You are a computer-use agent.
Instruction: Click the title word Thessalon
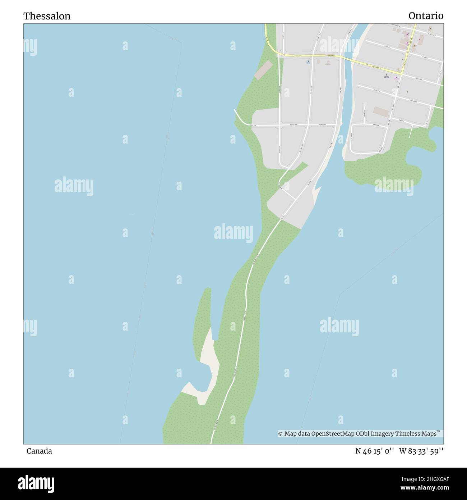47,16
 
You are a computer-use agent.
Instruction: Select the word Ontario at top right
426,16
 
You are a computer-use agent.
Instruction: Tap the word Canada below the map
39,451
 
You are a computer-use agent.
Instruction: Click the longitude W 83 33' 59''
421,451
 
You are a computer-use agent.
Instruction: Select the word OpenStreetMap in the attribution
333,434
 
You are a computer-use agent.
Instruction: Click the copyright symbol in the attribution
280,434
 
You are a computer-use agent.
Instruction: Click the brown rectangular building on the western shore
264,70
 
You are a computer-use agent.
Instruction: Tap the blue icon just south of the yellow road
308,62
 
